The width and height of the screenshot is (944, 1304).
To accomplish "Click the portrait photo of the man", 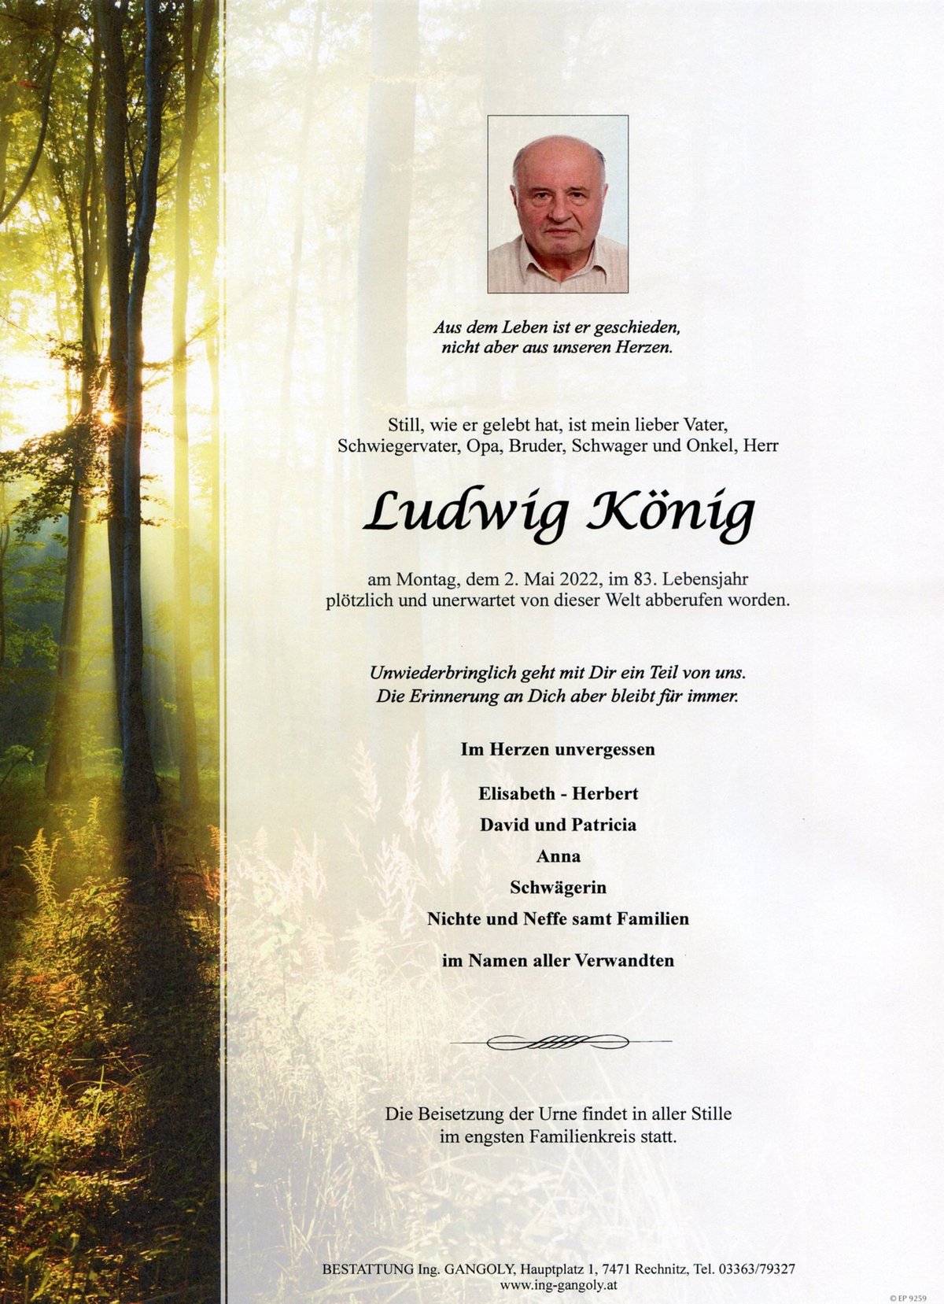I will coord(558,204).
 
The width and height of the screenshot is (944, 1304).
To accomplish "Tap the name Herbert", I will coord(605,793).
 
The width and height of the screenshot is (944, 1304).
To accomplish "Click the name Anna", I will coord(558,855).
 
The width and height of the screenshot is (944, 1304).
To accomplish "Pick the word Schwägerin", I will coord(558,888).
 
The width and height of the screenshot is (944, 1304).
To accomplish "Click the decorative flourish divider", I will coord(558,1043).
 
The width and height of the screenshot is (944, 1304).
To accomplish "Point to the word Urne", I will coord(558,1114).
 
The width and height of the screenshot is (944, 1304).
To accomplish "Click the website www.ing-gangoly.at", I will coord(558,1285).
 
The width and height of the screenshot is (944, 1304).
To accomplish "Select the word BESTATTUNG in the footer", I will coord(367,1269).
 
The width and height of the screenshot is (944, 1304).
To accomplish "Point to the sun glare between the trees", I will coord(105,417).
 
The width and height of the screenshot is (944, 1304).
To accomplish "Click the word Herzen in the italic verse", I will coord(640,347).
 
